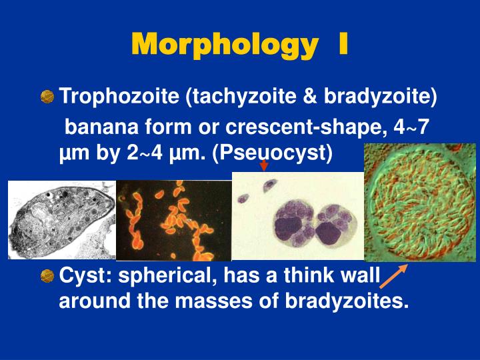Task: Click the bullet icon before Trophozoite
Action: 47,97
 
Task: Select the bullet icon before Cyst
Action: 47,275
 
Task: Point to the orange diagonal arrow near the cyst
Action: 395,278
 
